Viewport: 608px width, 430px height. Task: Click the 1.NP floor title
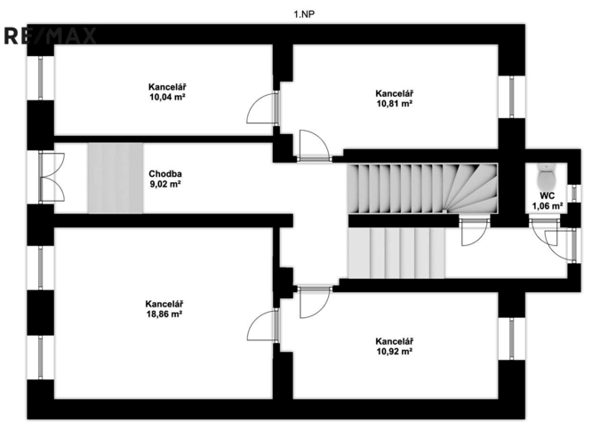(304, 13)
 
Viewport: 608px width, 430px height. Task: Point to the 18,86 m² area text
(166, 315)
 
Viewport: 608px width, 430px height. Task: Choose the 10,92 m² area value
(394, 352)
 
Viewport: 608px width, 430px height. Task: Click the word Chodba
(164, 174)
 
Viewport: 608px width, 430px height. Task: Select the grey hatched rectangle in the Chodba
(116, 177)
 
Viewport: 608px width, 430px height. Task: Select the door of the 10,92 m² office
(314, 301)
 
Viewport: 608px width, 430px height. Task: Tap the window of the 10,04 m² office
(40, 79)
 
